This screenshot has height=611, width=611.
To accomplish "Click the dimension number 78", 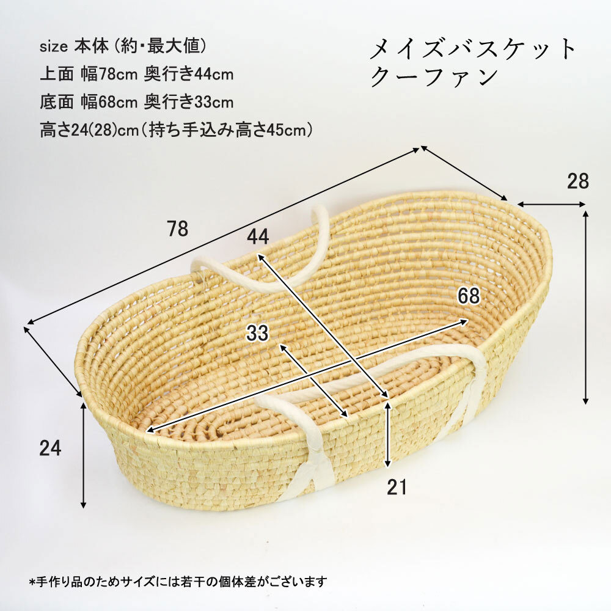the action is (178, 229).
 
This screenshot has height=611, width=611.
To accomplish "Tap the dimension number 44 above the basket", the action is (258, 236).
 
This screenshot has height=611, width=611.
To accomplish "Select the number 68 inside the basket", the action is (469, 296).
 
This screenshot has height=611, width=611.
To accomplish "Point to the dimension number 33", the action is (257, 333).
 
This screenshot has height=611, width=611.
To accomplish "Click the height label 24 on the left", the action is (50, 448).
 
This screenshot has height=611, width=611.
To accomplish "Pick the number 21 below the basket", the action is (397, 487).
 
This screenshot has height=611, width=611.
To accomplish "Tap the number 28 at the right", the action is (578, 181).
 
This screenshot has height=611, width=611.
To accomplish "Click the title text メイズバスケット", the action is (472, 49).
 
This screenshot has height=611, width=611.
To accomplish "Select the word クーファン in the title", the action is (434, 77).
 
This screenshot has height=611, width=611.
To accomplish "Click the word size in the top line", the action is (54, 47).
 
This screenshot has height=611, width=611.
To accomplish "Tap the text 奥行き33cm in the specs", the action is (189, 102).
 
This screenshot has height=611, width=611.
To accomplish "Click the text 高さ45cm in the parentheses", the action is (271, 130).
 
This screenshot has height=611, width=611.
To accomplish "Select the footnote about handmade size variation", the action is (178, 582).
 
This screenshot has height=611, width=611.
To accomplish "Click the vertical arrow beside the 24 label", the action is (83, 455).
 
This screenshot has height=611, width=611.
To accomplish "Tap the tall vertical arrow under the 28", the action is (585, 307).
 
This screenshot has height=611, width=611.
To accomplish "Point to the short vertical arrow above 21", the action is (387, 434).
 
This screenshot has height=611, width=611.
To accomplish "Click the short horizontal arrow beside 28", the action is (551, 204).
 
